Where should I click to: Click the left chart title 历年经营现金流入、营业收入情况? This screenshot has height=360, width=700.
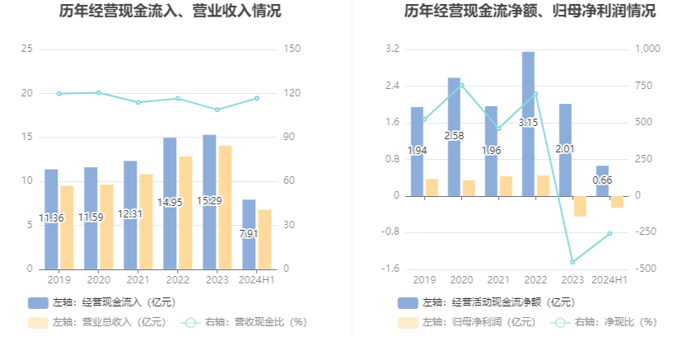[x=170, y=12]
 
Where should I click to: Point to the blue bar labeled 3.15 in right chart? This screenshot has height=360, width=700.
[x=528, y=124]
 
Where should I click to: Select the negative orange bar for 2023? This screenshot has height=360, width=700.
[x=579, y=206]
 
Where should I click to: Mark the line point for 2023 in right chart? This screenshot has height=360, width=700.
[x=572, y=262]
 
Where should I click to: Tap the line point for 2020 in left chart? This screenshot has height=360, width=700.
[x=99, y=92]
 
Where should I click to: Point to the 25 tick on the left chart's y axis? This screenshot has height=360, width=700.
[x=26, y=49]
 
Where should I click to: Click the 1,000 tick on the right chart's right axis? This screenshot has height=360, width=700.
[x=648, y=49]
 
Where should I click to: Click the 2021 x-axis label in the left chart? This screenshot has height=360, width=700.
[x=138, y=280]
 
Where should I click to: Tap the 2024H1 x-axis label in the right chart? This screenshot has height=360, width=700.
[x=609, y=280]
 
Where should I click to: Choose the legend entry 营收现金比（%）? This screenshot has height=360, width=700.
[x=247, y=322]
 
